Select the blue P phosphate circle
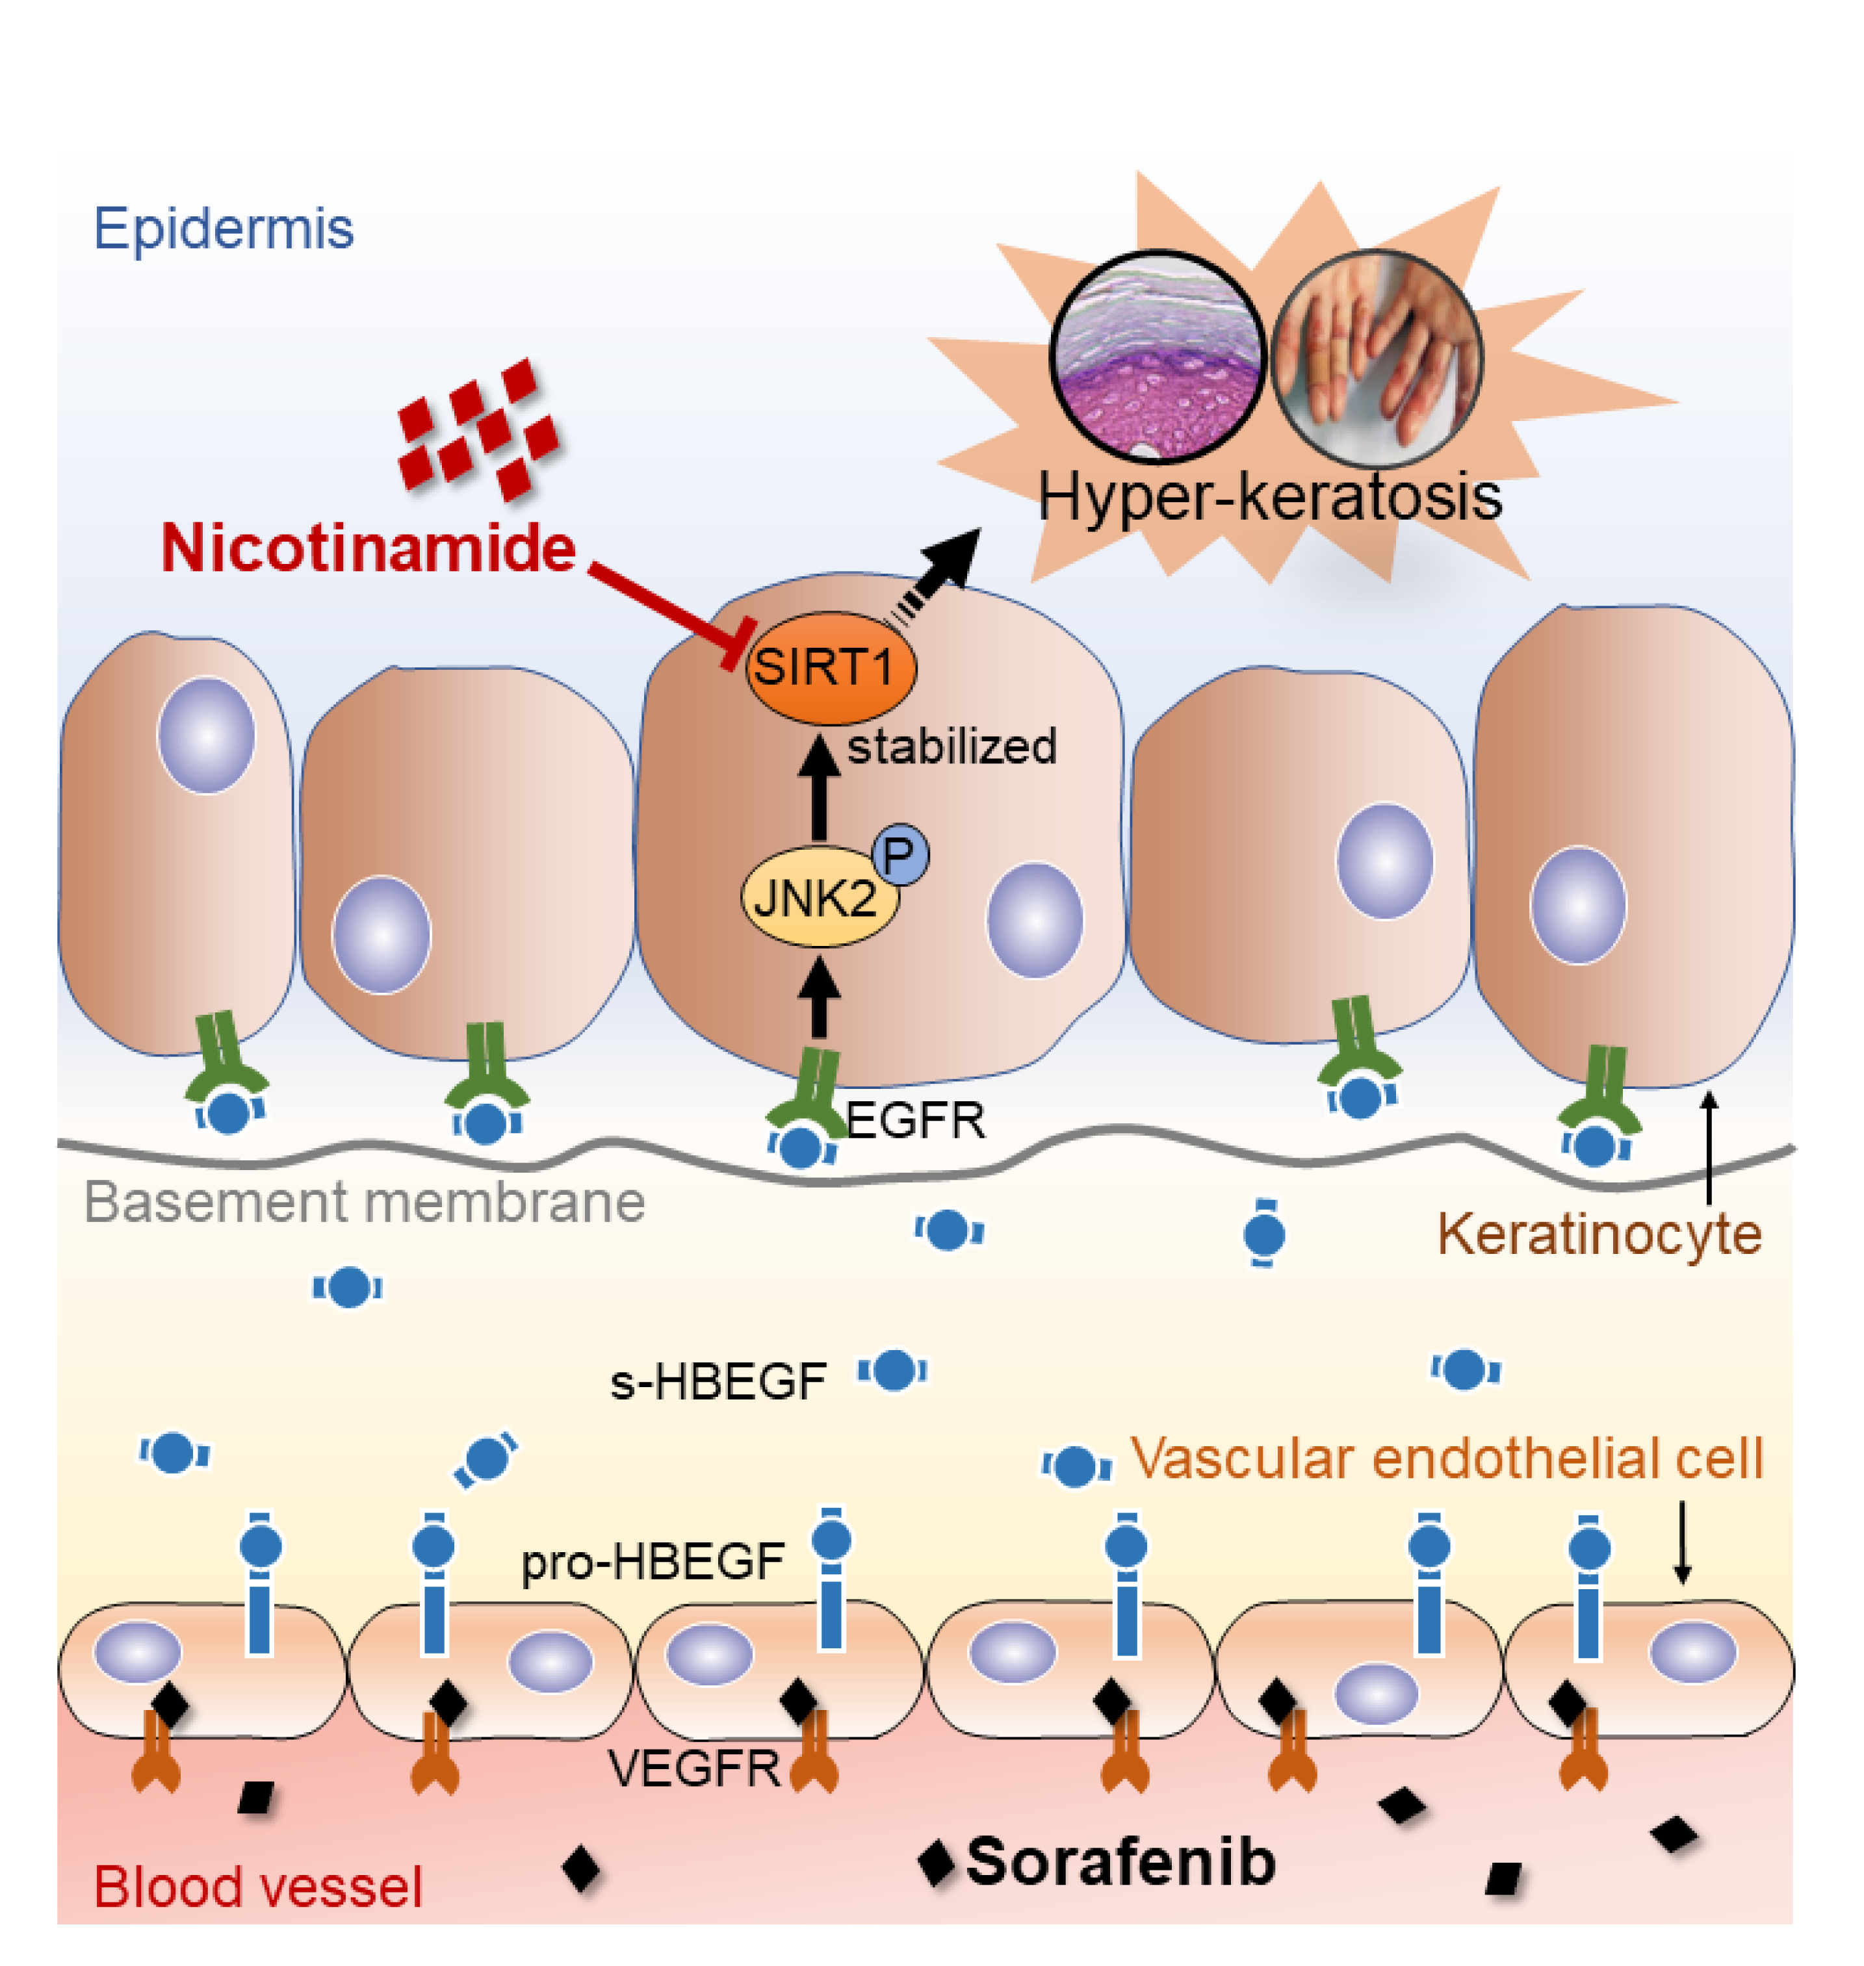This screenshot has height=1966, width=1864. [900, 853]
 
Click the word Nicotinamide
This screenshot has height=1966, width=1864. [369, 548]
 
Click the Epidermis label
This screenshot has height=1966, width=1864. [224, 229]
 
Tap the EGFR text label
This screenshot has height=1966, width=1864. [915, 1121]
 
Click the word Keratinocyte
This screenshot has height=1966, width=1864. [1599, 1235]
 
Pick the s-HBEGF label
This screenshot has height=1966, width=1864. [718, 1382]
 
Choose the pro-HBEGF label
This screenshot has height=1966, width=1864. [653, 1563]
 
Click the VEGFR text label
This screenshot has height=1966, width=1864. [695, 1769]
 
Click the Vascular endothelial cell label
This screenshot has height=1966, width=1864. [1447, 1459]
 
